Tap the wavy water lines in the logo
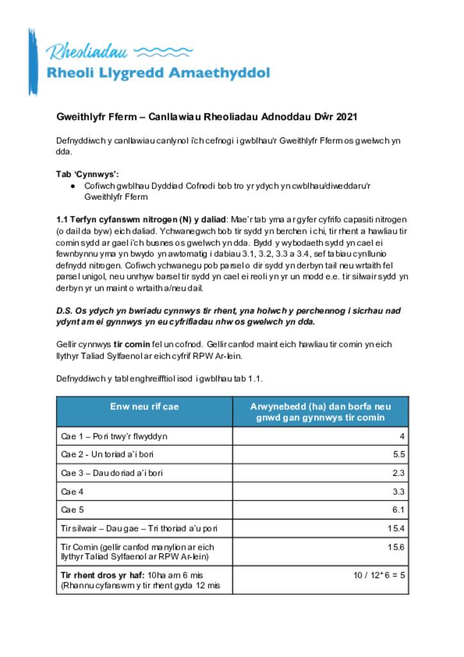165,51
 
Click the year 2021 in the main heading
345,117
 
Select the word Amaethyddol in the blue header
219,73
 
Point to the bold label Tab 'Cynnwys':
88,174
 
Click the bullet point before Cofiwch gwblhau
74,185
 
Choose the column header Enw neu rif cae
144,406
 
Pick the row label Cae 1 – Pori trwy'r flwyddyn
114,436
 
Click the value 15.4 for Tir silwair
395,528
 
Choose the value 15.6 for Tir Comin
395,547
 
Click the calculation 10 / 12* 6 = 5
379,575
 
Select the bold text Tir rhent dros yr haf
103,575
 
